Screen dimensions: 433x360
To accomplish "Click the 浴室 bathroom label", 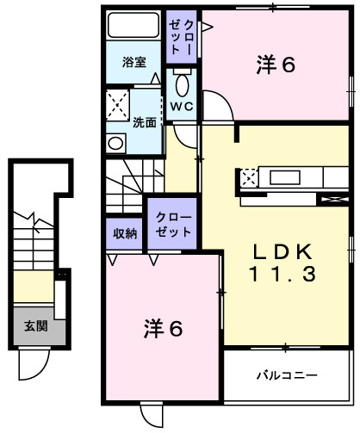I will pyautogui.click(x=133, y=62).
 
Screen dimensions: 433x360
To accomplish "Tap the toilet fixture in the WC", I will pyautogui.click(x=182, y=86).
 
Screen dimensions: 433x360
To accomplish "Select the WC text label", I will pyautogui.click(x=181, y=107).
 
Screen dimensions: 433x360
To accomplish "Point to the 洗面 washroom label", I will pyautogui.click(x=144, y=122).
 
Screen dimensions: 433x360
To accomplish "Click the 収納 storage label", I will pyautogui.click(x=125, y=232).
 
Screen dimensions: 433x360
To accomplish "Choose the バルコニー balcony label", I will pyautogui.click(x=287, y=376).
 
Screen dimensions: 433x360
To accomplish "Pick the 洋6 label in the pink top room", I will pyautogui.click(x=276, y=65).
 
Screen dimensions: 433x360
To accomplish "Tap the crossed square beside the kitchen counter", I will pyautogui.click(x=248, y=179).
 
